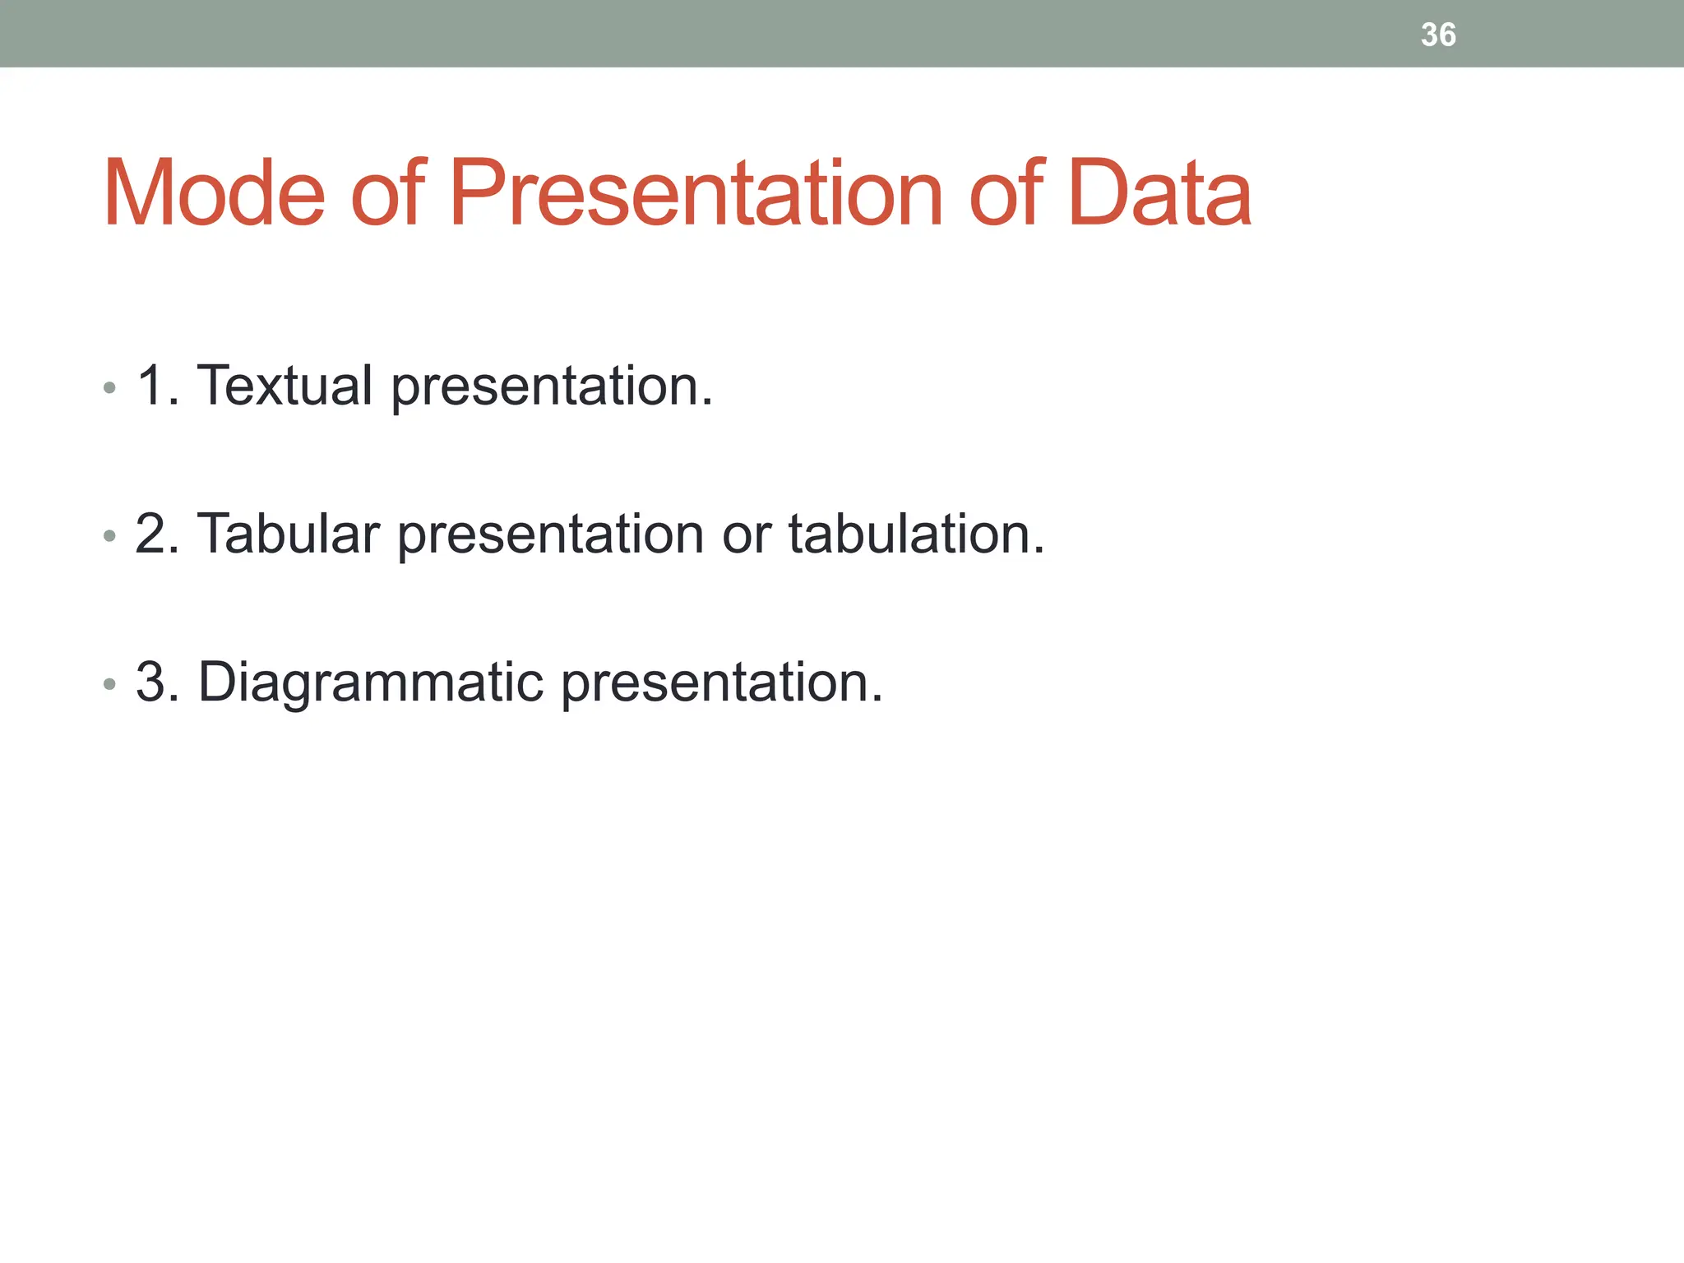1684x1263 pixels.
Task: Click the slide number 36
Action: pyautogui.click(x=1438, y=35)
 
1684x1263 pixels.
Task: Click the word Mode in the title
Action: pyautogui.click(x=214, y=193)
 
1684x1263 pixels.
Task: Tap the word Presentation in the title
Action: pyautogui.click(x=695, y=193)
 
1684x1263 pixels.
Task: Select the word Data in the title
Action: pyautogui.click(x=1159, y=193)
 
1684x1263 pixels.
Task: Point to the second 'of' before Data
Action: pyautogui.click(x=1006, y=193)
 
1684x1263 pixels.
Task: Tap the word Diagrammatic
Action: pyautogui.click(x=371, y=682)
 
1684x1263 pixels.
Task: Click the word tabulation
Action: pyautogui.click(x=915, y=534)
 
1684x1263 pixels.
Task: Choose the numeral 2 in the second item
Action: pyautogui.click(x=153, y=534)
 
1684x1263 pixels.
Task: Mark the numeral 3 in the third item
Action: pyautogui.click(x=153, y=682)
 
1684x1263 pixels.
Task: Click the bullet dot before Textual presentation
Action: pyautogui.click(x=109, y=388)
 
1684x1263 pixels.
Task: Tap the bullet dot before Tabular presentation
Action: pyautogui.click(x=109, y=537)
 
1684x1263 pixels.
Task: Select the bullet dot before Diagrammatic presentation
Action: pyautogui.click(x=109, y=685)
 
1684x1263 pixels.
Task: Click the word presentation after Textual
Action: pyautogui.click(x=551, y=386)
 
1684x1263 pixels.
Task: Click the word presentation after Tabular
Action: pyautogui.click(x=550, y=535)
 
